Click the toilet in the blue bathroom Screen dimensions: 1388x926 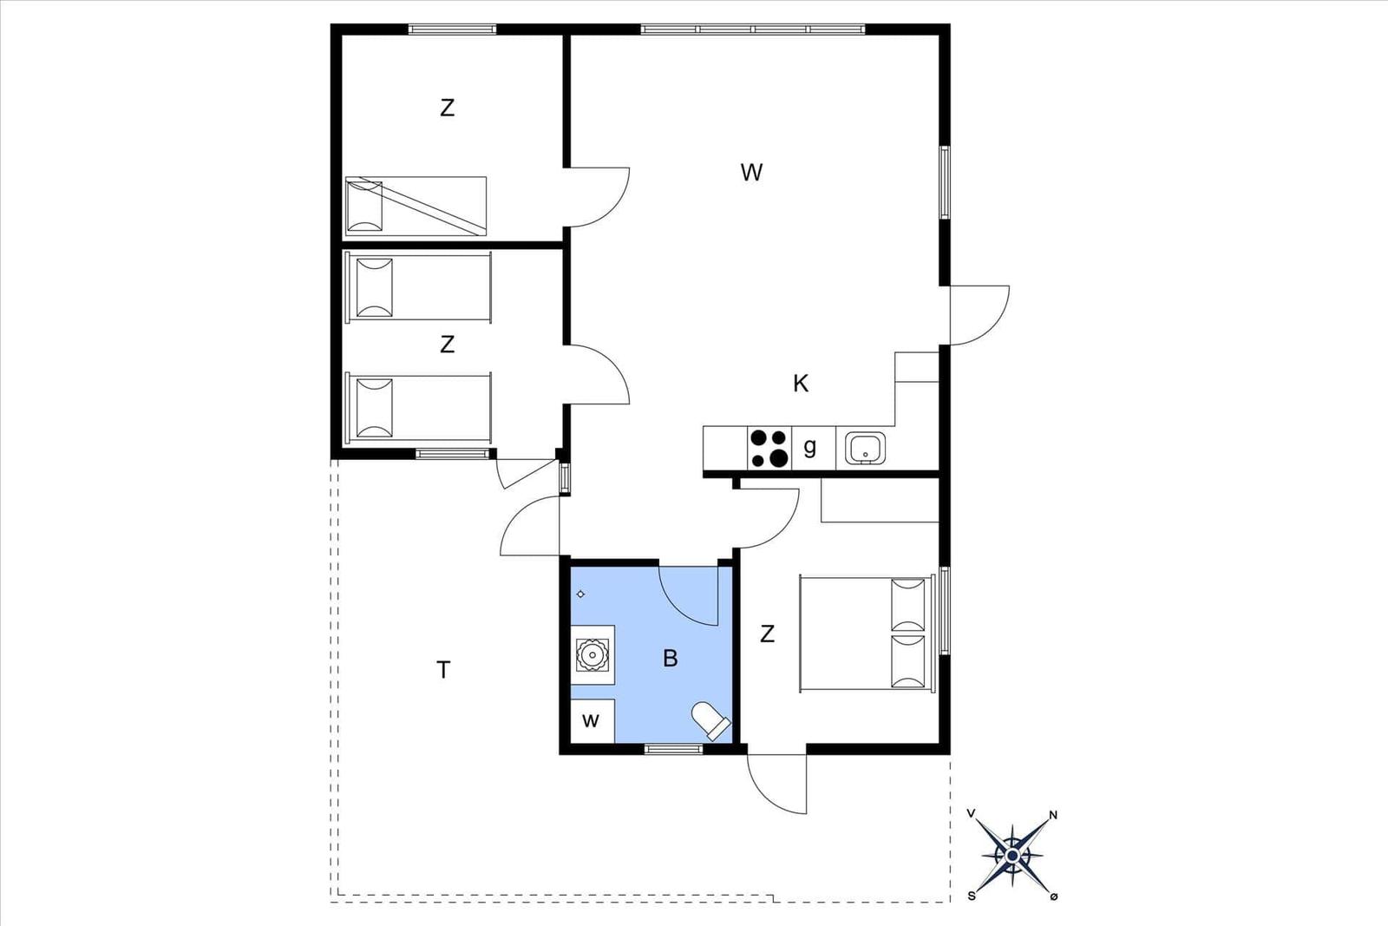711,721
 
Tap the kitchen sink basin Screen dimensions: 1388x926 865,448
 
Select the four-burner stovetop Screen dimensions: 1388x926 769,448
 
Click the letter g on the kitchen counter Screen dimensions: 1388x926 810,446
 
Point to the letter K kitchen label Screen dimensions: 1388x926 801,384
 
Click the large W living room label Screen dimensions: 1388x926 751,173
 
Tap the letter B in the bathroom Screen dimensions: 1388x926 670,658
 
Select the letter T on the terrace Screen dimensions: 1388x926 443,670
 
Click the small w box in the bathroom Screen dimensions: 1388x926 592,720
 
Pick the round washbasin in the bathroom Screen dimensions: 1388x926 592,654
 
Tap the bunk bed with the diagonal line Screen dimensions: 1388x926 416,207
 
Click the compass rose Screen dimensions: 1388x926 1012,856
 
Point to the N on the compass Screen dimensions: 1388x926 1053,815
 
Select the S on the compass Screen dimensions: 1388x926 972,896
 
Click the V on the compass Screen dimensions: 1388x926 972,813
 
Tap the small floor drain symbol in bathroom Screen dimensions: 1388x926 580,594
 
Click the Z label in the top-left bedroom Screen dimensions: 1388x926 447,108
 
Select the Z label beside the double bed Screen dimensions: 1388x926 767,634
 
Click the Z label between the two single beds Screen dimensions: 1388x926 447,344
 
